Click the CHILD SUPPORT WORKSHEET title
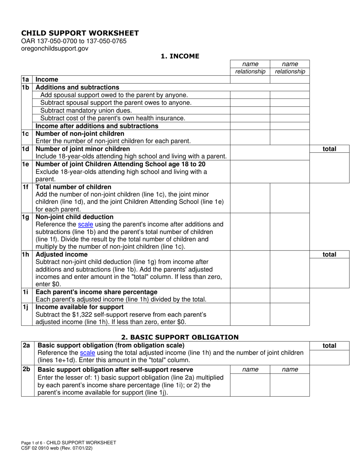[x=80, y=33]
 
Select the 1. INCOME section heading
[x=180, y=56]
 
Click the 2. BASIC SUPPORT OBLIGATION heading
[x=180, y=337]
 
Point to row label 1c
[x=25, y=134]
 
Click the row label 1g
[x=25, y=217]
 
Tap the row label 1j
[x=25, y=307]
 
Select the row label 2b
[x=26, y=369]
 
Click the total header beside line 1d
[x=329, y=149]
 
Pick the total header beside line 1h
[x=329, y=255]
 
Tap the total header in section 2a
[x=329, y=346]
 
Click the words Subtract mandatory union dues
[x=86, y=111]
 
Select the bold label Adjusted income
[x=61, y=254]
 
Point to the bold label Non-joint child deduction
[x=74, y=217]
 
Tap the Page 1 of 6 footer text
[x=68, y=443]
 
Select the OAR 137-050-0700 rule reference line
[x=74, y=41]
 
